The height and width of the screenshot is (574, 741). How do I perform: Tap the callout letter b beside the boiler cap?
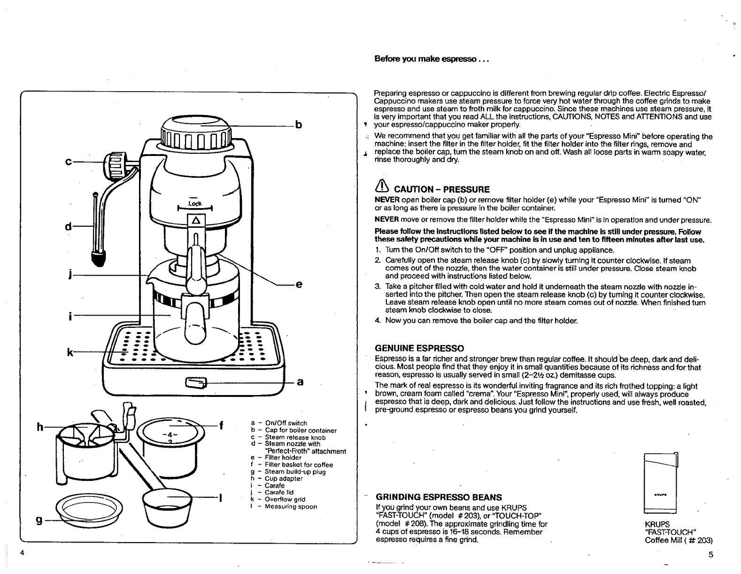click(x=298, y=125)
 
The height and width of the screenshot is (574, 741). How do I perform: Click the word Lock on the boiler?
click(x=195, y=203)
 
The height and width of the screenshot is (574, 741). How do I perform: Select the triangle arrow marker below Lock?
click(x=196, y=220)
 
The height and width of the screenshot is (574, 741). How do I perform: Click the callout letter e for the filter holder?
click(x=299, y=285)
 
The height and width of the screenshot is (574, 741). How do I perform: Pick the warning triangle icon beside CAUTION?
click(x=382, y=187)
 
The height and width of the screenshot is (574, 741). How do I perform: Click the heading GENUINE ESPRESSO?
click(x=419, y=348)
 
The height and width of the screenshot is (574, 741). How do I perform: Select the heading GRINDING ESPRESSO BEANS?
click(x=439, y=497)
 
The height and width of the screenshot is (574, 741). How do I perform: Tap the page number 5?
click(x=710, y=554)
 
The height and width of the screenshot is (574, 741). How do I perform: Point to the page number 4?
click(x=22, y=552)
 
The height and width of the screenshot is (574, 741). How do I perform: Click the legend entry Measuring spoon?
click(x=291, y=507)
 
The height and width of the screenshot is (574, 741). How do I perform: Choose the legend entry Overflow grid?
click(x=285, y=500)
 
